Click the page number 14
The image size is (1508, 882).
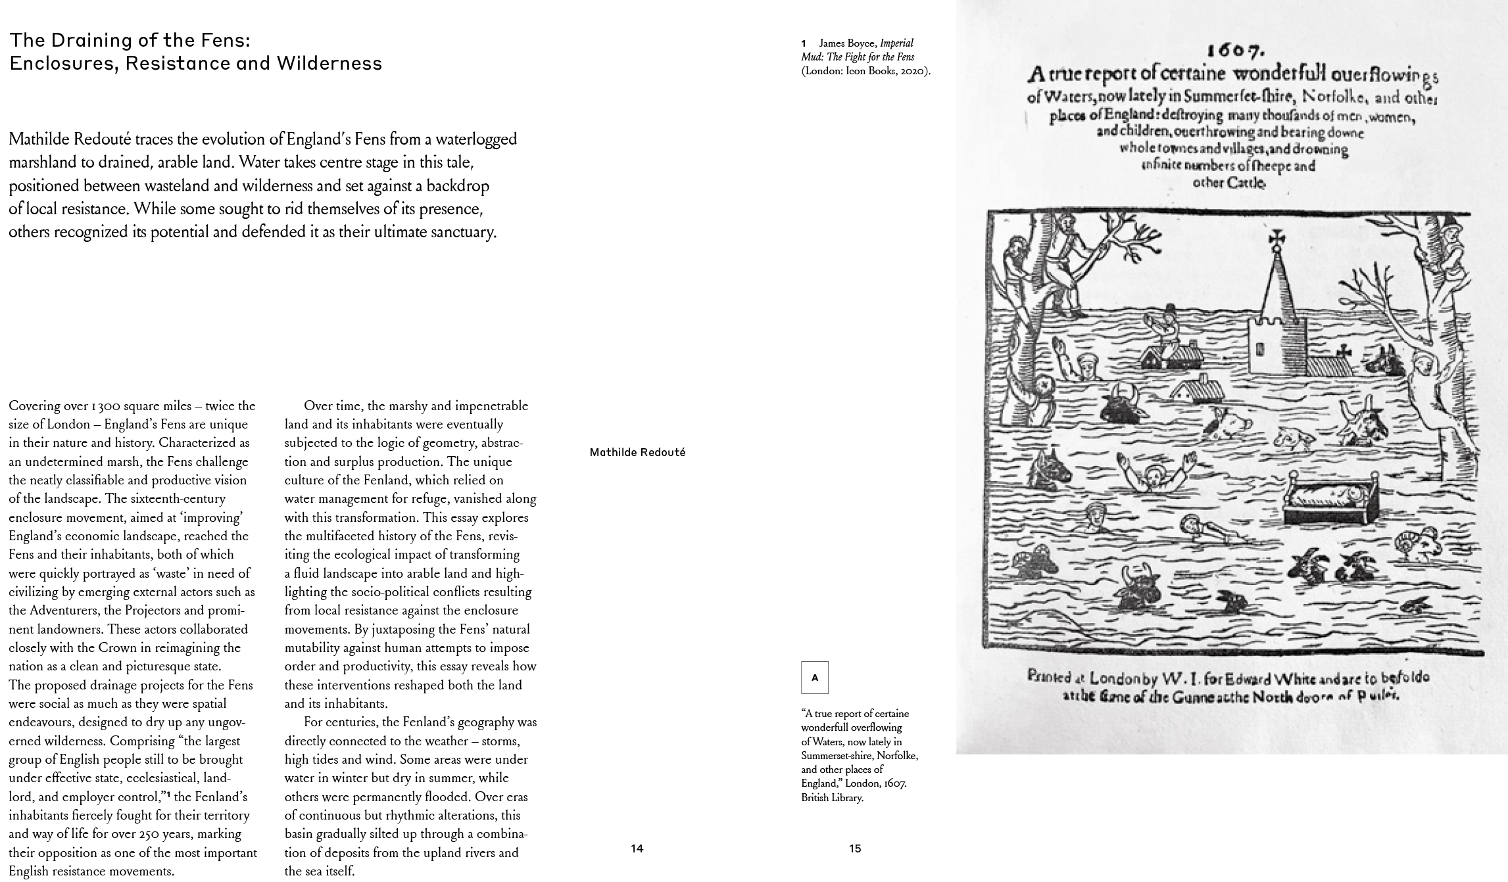click(x=637, y=848)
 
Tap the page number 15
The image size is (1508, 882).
click(x=854, y=848)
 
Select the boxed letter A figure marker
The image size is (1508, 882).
click(x=814, y=678)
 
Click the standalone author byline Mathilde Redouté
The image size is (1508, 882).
click(x=637, y=452)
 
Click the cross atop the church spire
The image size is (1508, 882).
click(x=1277, y=238)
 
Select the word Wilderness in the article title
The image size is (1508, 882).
click(x=329, y=64)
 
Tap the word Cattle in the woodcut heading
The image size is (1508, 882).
click(x=1228, y=182)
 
